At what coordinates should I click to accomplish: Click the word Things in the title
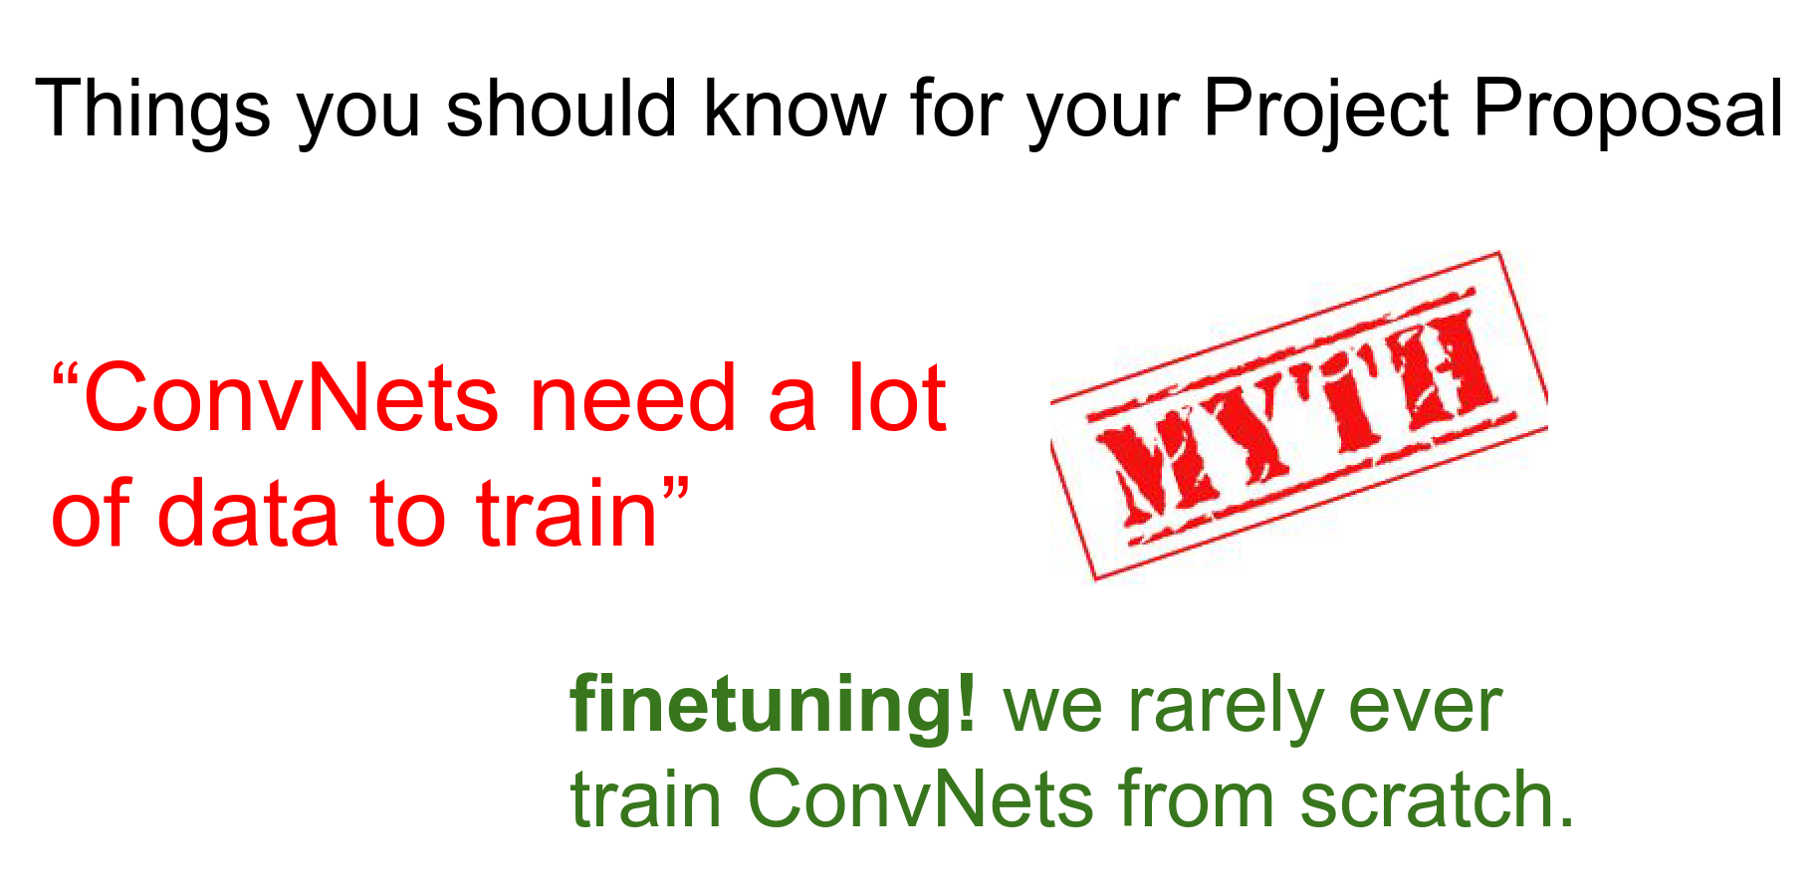153,109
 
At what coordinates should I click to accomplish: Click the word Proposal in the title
1628,109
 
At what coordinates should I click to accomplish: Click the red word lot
896,398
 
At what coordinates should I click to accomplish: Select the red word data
249,513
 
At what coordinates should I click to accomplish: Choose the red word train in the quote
568,513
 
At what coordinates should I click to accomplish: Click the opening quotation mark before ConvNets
66,377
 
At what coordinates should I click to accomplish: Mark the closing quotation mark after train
676,492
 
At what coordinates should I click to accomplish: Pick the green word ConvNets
920,798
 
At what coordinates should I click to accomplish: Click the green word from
1196,798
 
